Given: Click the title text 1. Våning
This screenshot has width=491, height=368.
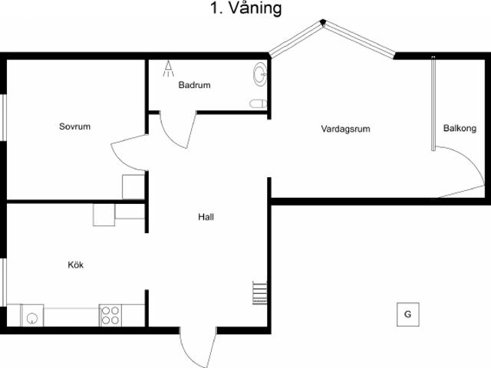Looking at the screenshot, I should (x=245, y=9).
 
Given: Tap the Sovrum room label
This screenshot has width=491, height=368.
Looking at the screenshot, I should (x=74, y=127).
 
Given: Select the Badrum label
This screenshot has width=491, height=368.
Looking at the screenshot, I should (x=194, y=86).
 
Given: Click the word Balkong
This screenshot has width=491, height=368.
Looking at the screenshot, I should (x=459, y=129).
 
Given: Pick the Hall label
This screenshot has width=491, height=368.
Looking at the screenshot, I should (x=206, y=217).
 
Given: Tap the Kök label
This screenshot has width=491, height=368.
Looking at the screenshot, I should (x=75, y=265).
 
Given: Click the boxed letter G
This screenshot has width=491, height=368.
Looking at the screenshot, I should (x=407, y=314).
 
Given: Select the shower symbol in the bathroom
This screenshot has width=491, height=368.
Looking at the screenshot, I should (x=167, y=70).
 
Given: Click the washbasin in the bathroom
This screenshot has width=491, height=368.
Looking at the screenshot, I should (x=260, y=74).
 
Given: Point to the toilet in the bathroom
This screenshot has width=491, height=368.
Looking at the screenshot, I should (x=258, y=103).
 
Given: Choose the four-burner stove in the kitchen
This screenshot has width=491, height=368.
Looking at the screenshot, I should (x=110, y=315).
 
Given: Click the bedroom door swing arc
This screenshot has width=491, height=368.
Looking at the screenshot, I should (x=125, y=153).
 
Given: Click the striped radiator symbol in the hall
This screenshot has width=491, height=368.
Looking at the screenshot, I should (x=259, y=293).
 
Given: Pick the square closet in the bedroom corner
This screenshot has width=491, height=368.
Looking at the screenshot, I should (x=133, y=187).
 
